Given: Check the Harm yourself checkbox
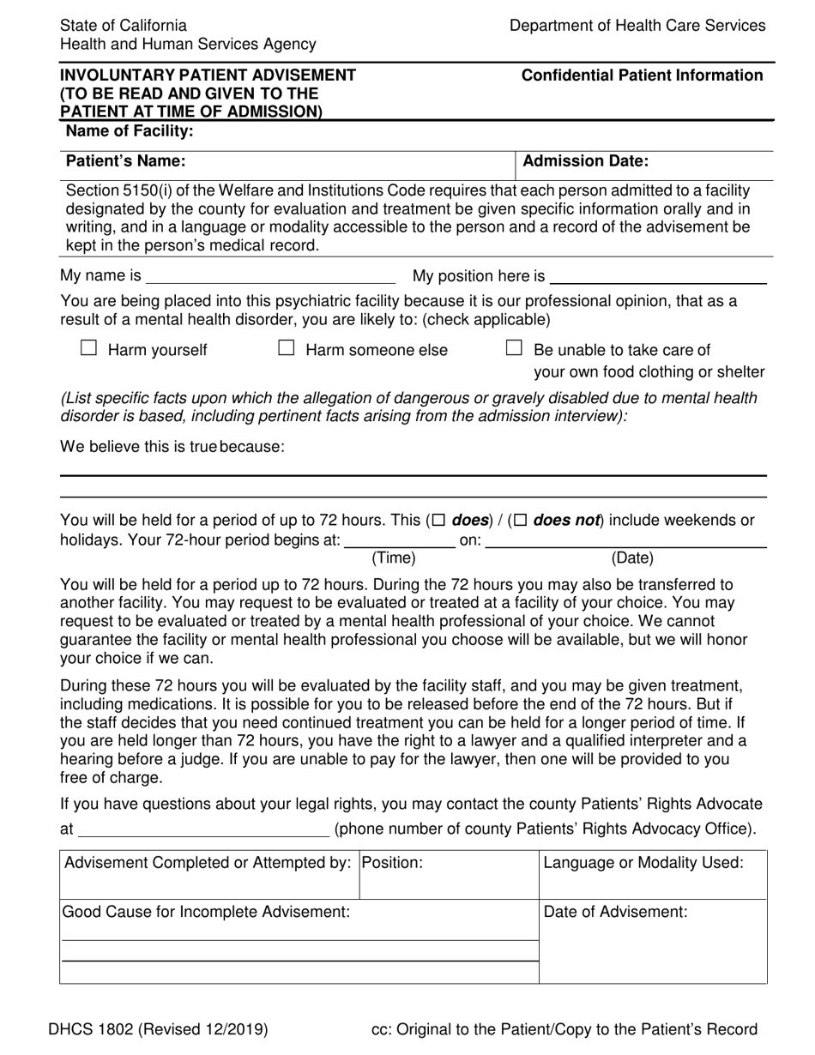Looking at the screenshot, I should coord(88,348).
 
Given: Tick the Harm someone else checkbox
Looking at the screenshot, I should coord(287,348).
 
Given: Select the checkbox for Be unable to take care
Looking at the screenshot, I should coord(514,348).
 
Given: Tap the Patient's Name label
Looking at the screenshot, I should coord(125,160).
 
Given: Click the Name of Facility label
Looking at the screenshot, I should coord(130,131).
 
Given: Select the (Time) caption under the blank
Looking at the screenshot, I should coord(393,558).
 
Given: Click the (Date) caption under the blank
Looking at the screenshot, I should coord(631,558).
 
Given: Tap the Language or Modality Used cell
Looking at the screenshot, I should coord(643,863).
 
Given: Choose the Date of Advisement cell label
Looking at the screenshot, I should coord(616,912).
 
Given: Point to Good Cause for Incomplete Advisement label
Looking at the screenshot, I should coord(205,912).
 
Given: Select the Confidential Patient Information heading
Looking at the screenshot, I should coord(642,75).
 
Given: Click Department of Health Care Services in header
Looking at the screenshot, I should coord(637,26).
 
